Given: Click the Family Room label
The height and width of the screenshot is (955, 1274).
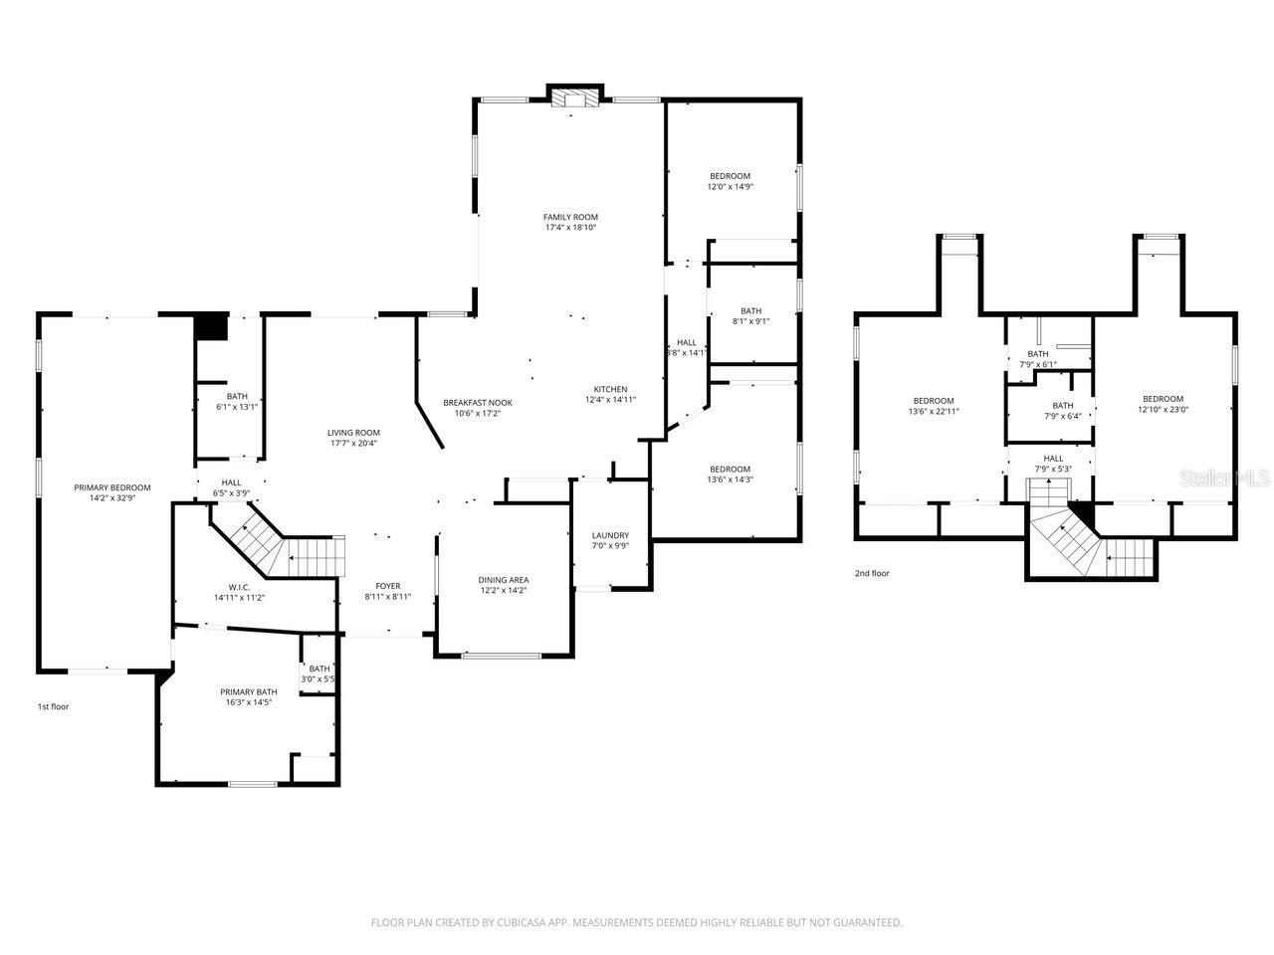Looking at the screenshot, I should (x=570, y=217).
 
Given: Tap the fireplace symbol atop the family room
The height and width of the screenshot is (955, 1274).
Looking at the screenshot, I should (x=574, y=96).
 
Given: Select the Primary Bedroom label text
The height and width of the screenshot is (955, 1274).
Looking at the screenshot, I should (x=112, y=487).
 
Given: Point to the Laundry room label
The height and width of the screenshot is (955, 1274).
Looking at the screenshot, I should (x=610, y=535).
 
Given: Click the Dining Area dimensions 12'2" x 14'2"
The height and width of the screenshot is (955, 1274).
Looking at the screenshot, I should (x=503, y=591).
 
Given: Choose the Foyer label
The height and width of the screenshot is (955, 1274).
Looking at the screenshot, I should (x=387, y=586).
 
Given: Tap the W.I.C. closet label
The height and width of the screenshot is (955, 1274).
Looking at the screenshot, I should (x=238, y=587).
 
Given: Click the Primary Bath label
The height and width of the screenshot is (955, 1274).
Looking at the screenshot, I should (x=248, y=691).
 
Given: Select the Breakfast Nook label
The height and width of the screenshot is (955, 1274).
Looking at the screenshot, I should (x=478, y=403).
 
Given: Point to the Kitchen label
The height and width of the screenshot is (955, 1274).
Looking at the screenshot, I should (x=610, y=389).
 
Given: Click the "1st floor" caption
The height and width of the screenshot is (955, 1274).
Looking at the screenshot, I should (x=53, y=706).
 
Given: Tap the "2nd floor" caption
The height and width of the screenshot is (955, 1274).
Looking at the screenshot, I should (x=872, y=573).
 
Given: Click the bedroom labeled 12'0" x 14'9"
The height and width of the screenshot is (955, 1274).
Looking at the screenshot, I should (x=730, y=181).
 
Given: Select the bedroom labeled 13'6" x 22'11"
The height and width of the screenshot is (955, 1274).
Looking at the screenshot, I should (x=934, y=406).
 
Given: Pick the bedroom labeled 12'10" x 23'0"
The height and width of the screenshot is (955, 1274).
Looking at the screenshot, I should (x=1163, y=404).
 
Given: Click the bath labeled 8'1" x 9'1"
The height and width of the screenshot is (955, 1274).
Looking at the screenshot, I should (x=750, y=315).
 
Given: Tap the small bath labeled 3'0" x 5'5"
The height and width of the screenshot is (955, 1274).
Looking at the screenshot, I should (x=318, y=674).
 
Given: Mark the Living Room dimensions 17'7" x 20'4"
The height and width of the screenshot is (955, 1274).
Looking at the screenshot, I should (x=353, y=444).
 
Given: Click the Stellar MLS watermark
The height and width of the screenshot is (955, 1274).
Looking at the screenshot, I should (x=1224, y=478).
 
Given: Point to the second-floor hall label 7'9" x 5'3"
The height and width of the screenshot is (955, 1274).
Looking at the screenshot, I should (x=1052, y=464).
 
